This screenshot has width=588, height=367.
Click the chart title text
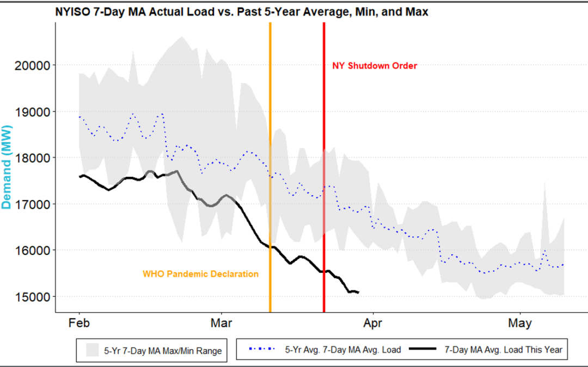click(x=241, y=11)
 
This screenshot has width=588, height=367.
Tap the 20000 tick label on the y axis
click(x=35, y=65)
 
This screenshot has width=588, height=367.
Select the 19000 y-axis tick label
click(x=35, y=112)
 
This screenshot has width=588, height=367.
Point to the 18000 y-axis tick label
click(x=35, y=158)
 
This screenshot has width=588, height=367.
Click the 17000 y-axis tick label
click(x=35, y=204)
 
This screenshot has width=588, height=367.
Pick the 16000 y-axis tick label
click(x=35, y=251)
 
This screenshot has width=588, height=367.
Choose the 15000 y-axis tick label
click(x=35, y=297)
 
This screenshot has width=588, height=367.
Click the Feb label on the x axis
click(x=79, y=324)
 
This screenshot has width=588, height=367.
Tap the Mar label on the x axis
click(x=221, y=324)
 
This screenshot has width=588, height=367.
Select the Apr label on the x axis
click(x=373, y=324)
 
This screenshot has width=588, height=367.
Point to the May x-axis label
click(x=520, y=324)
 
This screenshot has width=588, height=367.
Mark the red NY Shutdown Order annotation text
click(x=375, y=66)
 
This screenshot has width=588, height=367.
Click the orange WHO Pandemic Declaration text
click(x=200, y=274)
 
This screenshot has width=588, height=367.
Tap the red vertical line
click(x=324, y=163)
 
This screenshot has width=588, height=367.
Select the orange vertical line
click(x=270, y=163)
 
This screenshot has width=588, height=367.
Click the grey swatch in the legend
click(x=92, y=351)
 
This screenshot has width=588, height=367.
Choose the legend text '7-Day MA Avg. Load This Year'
click(x=503, y=350)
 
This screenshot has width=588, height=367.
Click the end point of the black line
click(x=358, y=293)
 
